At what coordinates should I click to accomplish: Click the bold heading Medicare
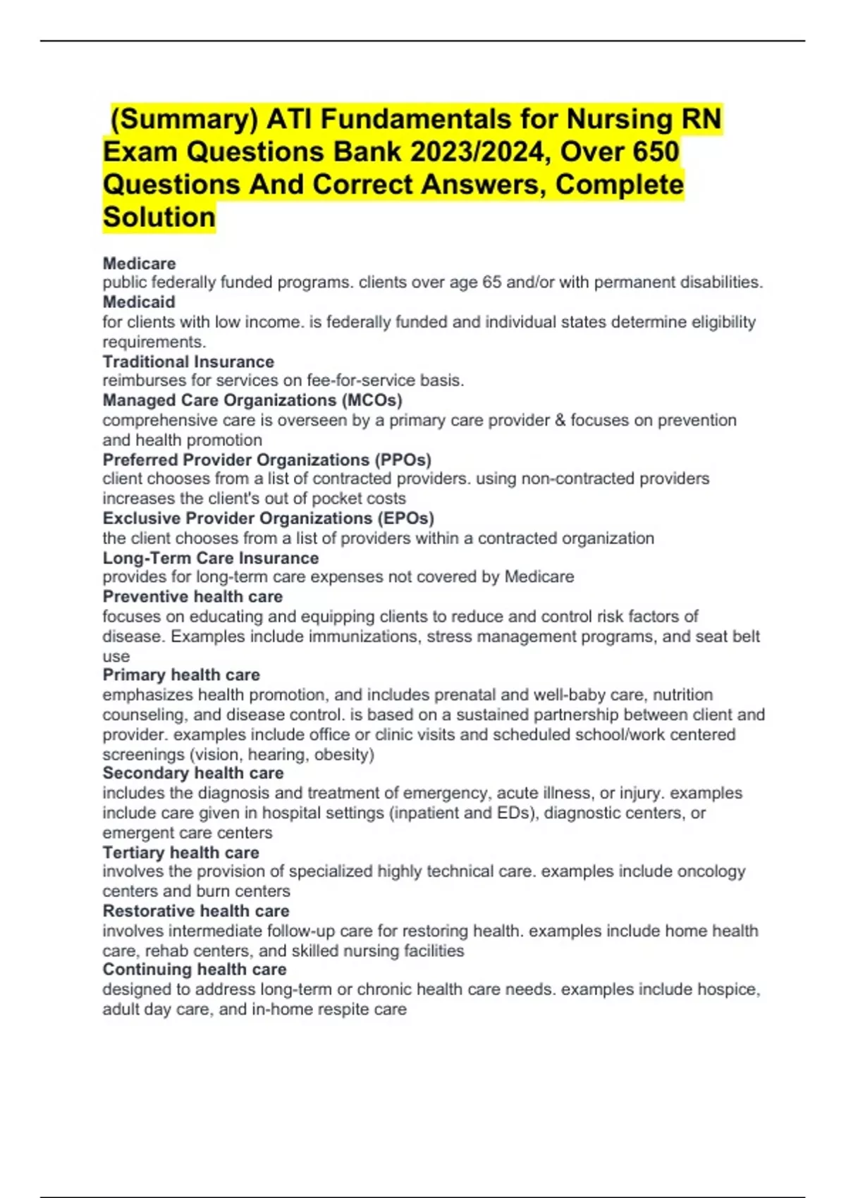coord(139,264)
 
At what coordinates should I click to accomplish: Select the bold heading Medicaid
coord(139,302)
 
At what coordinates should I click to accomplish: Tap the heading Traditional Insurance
coord(188,362)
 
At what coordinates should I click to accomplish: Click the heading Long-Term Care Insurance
coord(210,558)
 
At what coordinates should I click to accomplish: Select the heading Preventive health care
coord(192,597)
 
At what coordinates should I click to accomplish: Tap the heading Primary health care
coord(181,675)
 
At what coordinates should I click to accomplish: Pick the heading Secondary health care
coord(193,773)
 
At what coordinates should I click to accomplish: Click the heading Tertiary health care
coord(180,853)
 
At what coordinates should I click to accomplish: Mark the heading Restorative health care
coord(196,911)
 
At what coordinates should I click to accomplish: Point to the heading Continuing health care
coord(195,970)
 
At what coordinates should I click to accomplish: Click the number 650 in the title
coord(656,152)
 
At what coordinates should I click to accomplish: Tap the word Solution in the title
coord(159,217)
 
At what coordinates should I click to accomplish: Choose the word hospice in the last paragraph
coord(728,989)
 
